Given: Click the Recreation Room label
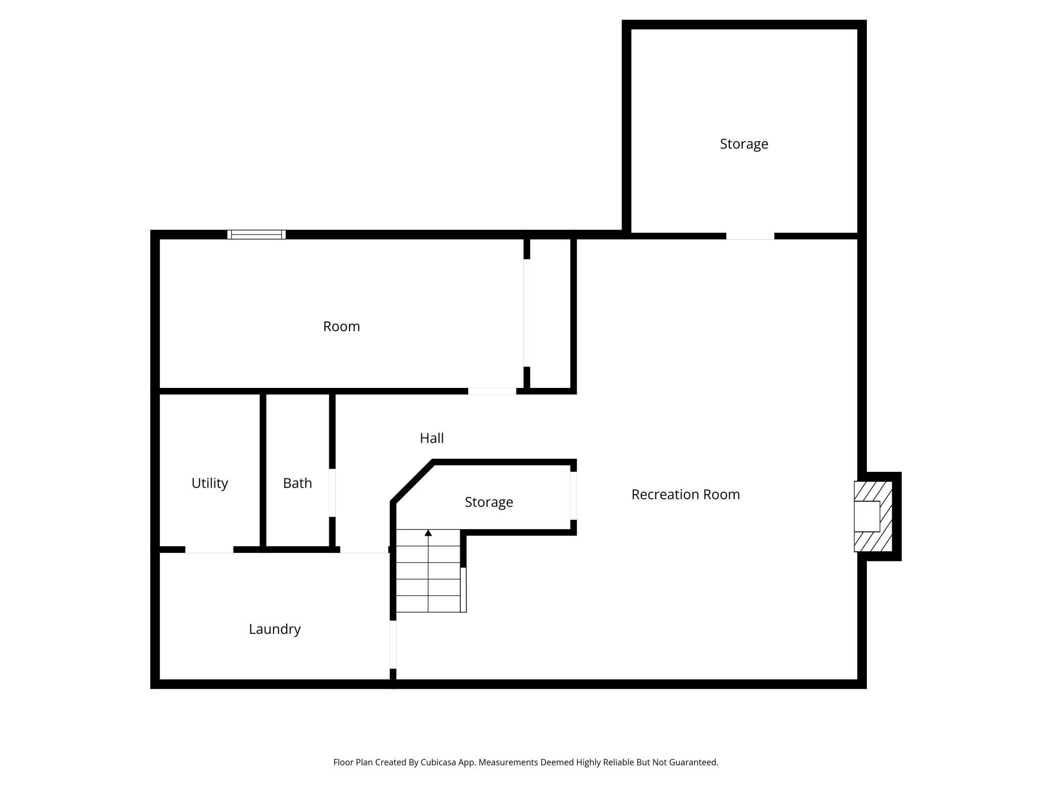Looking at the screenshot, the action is [x=685, y=494].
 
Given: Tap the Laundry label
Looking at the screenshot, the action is [x=275, y=629].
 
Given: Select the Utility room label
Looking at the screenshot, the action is [x=209, y=483].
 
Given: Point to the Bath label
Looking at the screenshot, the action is [x=297, y=483].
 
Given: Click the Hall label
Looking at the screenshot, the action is [x=432, y=438].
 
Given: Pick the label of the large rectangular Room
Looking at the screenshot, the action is [x=341, y=326].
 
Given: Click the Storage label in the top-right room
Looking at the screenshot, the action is [x=744, y=144].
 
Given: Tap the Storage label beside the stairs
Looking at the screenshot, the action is [x=489, y=502].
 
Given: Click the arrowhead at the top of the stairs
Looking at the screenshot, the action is [x=428, y=533].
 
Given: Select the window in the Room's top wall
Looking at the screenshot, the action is [x=256, y=235].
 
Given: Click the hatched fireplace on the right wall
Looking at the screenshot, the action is [x=873, y=516].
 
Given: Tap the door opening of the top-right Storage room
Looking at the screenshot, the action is [x=751, y=236].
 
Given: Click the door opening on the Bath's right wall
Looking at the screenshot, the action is [x=332, y=493].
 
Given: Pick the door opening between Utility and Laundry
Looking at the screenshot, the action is [x=209, y=550].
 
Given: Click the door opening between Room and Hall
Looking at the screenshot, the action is [x=492, y=391].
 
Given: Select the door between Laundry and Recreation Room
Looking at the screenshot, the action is [x=393, y=644].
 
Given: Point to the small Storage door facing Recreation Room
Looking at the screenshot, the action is [x=574, y=496].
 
